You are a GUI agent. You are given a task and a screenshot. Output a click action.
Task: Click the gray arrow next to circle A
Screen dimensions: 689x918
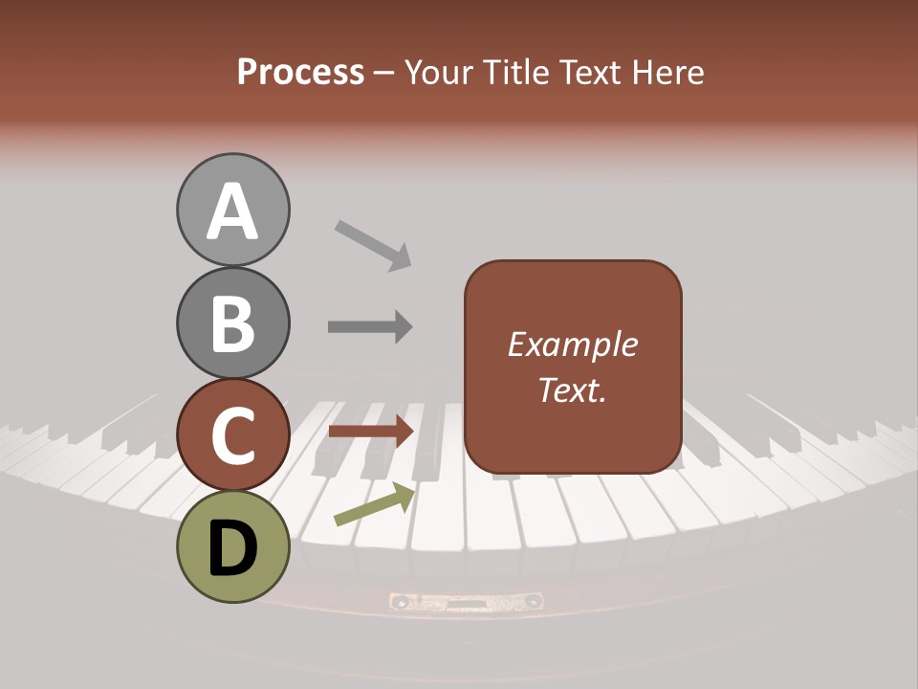click(x=373, y=244)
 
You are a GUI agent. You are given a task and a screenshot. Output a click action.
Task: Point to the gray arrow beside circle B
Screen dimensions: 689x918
click(x=370, y=326)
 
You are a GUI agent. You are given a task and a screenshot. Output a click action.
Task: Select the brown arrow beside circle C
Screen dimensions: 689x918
click(x=370, y=432)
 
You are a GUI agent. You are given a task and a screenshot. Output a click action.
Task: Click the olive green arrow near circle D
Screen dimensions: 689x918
click(x=374, y=504)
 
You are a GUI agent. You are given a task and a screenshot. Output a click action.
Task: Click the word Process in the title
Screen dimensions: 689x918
click(x=300, y=72)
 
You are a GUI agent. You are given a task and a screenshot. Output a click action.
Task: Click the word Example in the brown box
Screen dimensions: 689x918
click(x=572, y=344)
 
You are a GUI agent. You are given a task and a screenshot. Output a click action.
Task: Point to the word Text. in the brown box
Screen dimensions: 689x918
click(x=572, y=389)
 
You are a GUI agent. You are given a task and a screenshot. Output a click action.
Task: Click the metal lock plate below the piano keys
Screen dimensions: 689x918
click(x=467, y=602)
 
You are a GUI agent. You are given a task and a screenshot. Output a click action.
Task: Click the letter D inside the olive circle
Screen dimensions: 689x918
click(x=232, y=549)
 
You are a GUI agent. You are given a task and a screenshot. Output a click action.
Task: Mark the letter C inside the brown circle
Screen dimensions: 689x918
click(x=232, y=436)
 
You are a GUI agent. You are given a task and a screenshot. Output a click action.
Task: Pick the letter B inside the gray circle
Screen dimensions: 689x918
click(x=232, y=323)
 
